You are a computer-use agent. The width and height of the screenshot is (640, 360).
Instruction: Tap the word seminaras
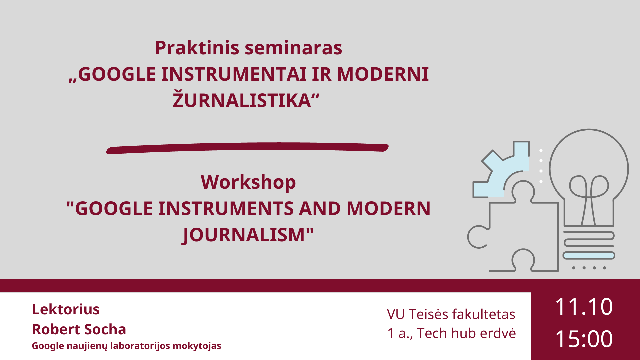click(x=293, y=48)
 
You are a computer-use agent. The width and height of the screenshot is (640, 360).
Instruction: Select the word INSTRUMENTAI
click(x=234, y=74)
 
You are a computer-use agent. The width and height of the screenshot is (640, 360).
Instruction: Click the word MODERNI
click(x=383, y=74)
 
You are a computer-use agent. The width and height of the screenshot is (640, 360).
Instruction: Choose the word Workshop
click(x=248, y=182)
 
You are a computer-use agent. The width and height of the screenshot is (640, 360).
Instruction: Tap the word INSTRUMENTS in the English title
click(x=226, y=209)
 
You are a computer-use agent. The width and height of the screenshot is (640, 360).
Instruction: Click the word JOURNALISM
click(x=244, y=235)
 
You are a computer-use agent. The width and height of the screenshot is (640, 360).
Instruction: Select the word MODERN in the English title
click(x=389, y=209)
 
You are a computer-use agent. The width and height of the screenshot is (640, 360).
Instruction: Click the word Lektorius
click(x=66, y=309)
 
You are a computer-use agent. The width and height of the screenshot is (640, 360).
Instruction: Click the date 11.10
click(x=584, y=307)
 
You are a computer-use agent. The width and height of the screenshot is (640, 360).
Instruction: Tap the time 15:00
click(x=584, y=339)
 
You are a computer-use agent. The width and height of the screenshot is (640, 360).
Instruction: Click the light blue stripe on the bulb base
click(x=589, y=256)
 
